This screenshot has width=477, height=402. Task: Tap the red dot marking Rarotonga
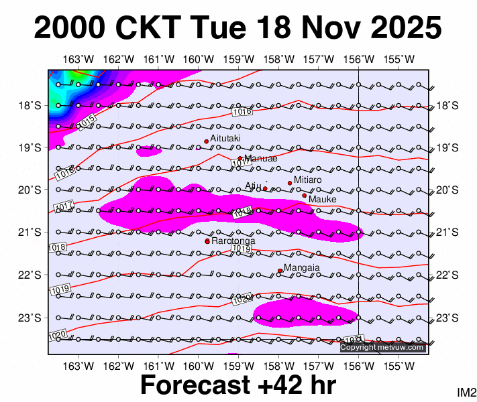(x=207, y=241)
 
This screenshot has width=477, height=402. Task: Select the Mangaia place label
(x=302, y=268)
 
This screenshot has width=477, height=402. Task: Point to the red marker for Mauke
(x=304, y=196)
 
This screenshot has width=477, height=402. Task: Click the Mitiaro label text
(x=308, y=180)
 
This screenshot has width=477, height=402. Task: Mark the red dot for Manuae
(x=240, y=158)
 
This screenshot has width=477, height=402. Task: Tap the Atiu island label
(x=252, y=186)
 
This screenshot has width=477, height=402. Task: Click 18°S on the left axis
(x=32, y=105)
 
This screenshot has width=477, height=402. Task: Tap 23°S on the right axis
(x=447, y=318)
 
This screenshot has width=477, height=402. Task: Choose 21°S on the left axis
(x=32, y=232)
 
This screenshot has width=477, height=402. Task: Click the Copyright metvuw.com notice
(x=382, y=347)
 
